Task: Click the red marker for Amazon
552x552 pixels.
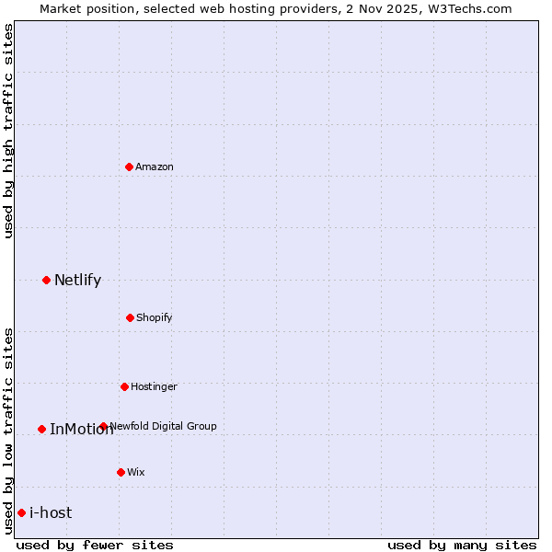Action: (x=129, y=167)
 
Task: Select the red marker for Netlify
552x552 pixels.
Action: (x=46, y=280)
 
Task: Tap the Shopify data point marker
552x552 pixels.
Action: (x=130, y=317)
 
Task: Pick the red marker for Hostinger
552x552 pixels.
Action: (x=124, y=386)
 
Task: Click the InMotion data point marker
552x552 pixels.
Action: (x=41, y=429)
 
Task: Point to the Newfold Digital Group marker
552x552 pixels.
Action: (x=103, y=426)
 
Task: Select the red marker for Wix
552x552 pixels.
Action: (x=121, y=472)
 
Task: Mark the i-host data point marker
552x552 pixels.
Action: (x=21, y=512)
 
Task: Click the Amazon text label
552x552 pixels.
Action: (x=155, y=167)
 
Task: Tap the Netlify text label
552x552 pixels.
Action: (x=77, y=280)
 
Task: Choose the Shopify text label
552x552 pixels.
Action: (x=155, y=317)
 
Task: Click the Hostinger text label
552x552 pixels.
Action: (x=154, y=386)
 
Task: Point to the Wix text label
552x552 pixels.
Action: (x=136, y=472)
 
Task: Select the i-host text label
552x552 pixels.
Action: (x=51, y=512)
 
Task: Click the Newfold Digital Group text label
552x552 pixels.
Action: (x=164, y=426)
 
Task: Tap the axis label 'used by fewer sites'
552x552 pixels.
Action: (x=95, y=545)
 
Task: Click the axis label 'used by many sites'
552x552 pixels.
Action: (x=462, y=545)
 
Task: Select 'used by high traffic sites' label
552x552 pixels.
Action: (x=8, y=131)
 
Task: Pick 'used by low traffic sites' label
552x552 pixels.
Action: (x=8, y=431)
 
